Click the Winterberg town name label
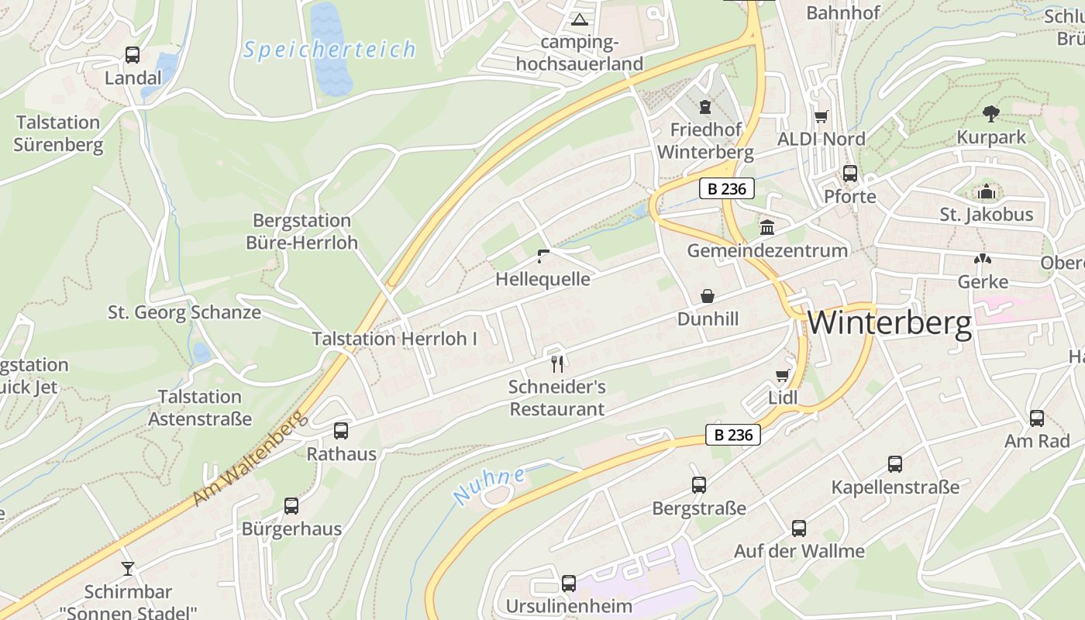tap(890, 323)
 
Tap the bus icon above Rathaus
tap(341, 431)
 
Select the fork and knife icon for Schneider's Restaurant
tap(556, 363)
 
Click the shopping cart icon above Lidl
tap(782, 376)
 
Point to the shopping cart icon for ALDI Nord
tap(821, 116)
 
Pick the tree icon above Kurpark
tap(990, 114)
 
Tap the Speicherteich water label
tap(329, 50)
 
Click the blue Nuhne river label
tap(488, 486)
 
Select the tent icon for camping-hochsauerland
tap(579, 19)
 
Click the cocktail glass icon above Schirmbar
tap(128, 568)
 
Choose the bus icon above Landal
tap(133, 55)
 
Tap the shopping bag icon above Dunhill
tap(707, 296)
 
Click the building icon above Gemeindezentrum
tap(767, 228)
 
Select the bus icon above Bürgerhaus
tap(291, 506)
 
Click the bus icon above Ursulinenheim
tap(569, 584)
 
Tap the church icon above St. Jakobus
tap(987, 191)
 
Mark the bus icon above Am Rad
tap(1037, 418)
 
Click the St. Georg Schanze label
tap(184, 313)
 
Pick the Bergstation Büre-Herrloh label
tap(302, 232)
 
